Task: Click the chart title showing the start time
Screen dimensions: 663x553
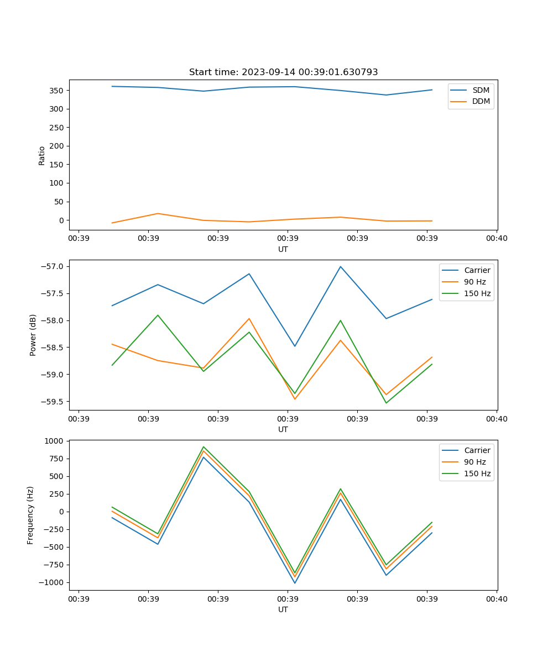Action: [283, 72]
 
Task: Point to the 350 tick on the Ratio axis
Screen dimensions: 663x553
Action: [58, 90]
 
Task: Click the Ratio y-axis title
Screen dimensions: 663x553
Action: [42, 156]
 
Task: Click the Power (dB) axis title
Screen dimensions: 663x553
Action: [33, 335]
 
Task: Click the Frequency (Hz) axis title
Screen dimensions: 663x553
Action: [31, 515]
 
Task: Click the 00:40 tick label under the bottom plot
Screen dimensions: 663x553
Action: [496, 598]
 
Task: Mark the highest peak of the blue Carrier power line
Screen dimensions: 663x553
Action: [341, 266]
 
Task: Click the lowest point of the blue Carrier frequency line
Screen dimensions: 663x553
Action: [295, 583]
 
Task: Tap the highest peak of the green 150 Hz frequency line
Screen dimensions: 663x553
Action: [204, 446]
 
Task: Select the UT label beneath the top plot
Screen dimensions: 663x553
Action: [283, 249]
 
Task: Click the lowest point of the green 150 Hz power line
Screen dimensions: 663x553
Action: [386, 403]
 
